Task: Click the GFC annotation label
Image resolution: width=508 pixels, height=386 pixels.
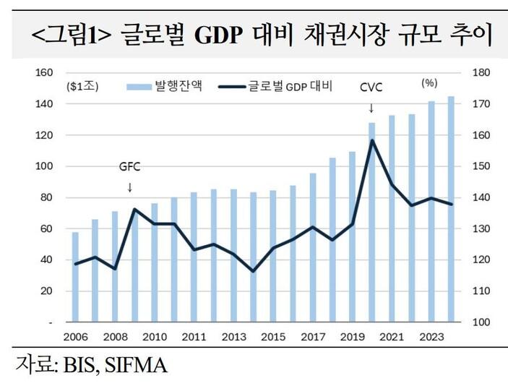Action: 129,166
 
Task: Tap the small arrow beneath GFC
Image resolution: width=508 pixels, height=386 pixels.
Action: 130,187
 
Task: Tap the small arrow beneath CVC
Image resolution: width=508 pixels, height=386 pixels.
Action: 371,108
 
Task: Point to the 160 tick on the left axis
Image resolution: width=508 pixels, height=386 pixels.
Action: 45,72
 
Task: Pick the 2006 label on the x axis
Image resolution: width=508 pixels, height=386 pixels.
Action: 76,337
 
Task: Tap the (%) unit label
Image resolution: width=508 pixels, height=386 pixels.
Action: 429,84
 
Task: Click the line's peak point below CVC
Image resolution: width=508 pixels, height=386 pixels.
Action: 372,140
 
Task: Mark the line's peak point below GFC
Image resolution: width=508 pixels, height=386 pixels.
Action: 134,209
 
